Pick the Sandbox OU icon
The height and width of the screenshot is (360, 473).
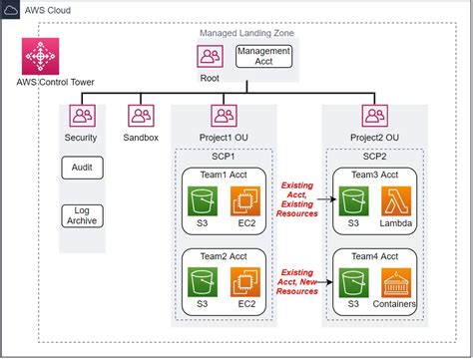(x=141, y=117)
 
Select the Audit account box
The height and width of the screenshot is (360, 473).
(x=81, y=168)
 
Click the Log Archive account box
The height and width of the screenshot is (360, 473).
(x=81, y=215)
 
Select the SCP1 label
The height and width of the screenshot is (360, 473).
(x=224, y=158)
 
